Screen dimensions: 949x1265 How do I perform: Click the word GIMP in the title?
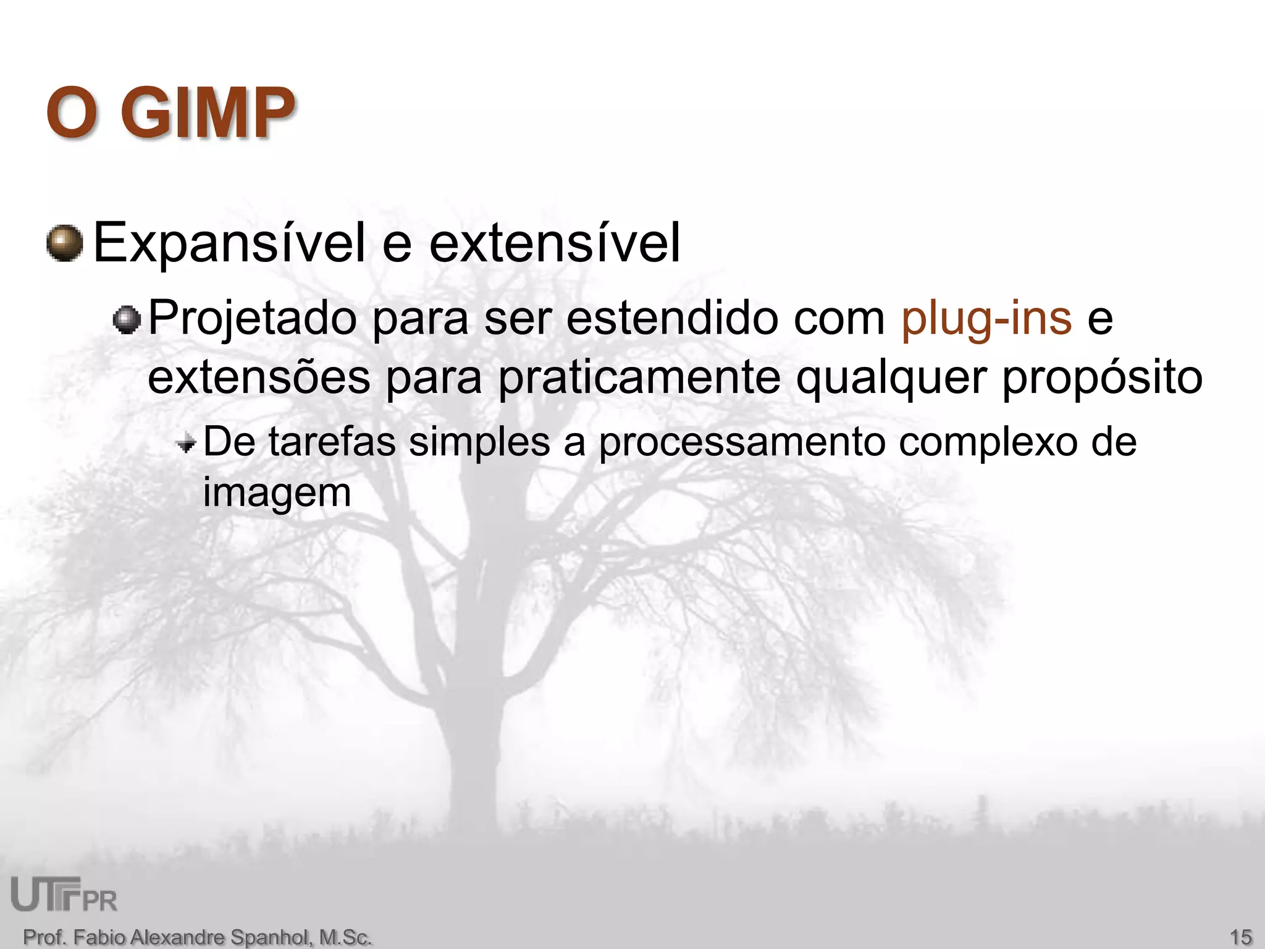coord(208,113)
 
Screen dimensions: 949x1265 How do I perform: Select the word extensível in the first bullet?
coord(554,243)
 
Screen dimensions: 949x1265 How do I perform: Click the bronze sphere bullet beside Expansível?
coord(65,243)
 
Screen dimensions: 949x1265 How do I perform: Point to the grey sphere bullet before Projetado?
coord(128,320)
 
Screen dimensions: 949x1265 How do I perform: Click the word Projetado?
coord(253,319)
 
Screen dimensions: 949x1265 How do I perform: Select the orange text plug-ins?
coord(986,319)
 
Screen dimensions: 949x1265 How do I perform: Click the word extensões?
coord(259,377)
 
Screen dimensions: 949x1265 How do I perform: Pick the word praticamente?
coord(639,377)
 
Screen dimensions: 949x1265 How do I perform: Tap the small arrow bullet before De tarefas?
coord(185,442)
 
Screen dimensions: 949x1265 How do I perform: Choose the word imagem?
coord(277,493)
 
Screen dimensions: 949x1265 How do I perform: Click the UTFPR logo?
coord(64,895)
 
